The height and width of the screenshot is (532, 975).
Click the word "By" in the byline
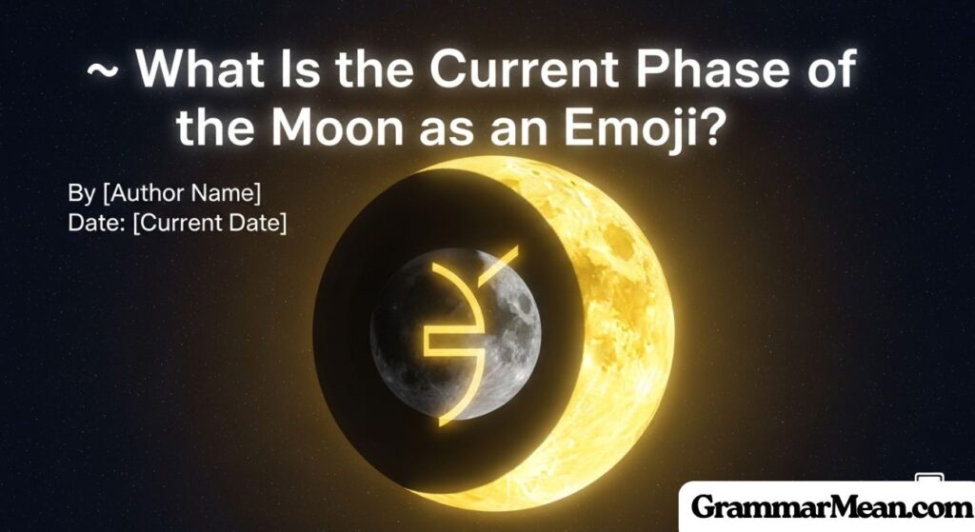[81, 193]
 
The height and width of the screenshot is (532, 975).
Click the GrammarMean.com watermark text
[825, 505]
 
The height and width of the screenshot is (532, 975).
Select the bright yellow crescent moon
[609, 314]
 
